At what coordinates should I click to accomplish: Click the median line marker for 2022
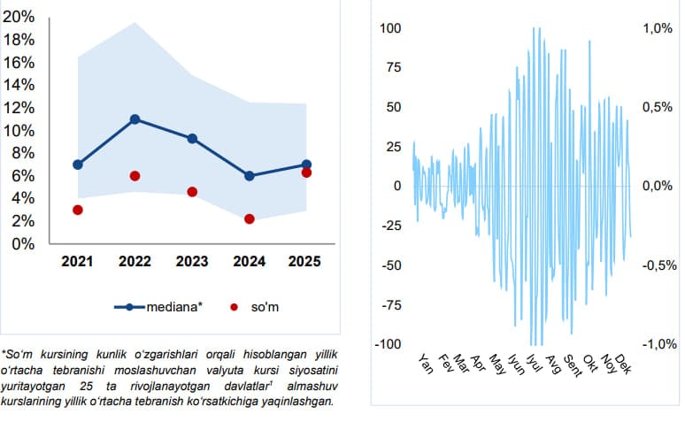click(x=135, y=119)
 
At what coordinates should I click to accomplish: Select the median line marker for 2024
click(x=250, y=176)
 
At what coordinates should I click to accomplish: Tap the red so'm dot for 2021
click(x=78, y=210)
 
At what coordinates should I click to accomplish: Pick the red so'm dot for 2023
click(x=192, y=192)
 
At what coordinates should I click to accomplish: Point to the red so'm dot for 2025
click(x=306, y=173)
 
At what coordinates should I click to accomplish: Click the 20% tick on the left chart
click(x=20, y=17)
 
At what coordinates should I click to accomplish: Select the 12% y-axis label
click(x=20, y=108)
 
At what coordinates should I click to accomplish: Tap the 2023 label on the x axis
click(x=192, y=262)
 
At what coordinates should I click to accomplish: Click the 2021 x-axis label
click(x=78, y=262)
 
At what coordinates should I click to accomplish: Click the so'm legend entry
click(x=262, y=307)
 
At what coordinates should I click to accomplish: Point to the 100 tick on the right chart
click(x=390, y=28)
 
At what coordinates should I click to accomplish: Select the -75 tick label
click(x=390, y=305)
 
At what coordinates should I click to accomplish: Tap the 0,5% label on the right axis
click(x=656, y=107)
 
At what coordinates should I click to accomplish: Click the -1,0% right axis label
click(x=656, y=344)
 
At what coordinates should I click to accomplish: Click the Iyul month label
click(x=532, y=363)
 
